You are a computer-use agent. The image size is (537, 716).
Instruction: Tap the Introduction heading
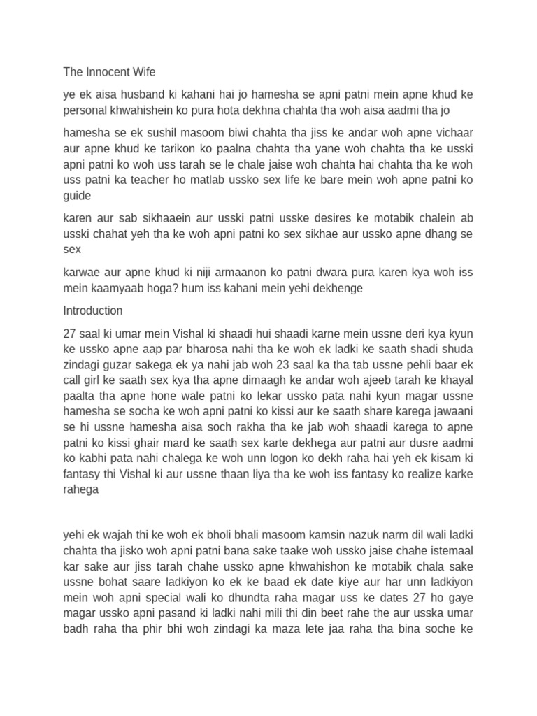[x=93, y=310]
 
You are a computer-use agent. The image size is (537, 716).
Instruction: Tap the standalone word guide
[x=77, y=196]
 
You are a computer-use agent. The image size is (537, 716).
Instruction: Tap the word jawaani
[x=451, y=413]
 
